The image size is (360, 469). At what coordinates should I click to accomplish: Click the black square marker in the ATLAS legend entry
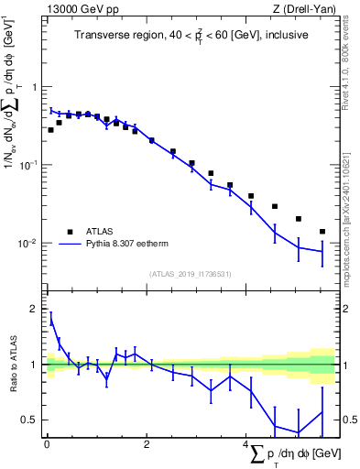[69, 232]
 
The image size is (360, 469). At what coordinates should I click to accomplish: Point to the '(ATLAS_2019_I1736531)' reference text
[191, 274]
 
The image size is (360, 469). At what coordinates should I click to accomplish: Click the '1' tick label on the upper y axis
[36, 87]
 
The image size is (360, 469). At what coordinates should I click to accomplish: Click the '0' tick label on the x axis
[47, 446]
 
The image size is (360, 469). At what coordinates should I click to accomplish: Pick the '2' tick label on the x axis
[147, 446]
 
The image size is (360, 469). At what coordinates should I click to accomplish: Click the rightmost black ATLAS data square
[322, 232]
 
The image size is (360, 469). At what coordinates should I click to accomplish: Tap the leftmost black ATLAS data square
[50, 130]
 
